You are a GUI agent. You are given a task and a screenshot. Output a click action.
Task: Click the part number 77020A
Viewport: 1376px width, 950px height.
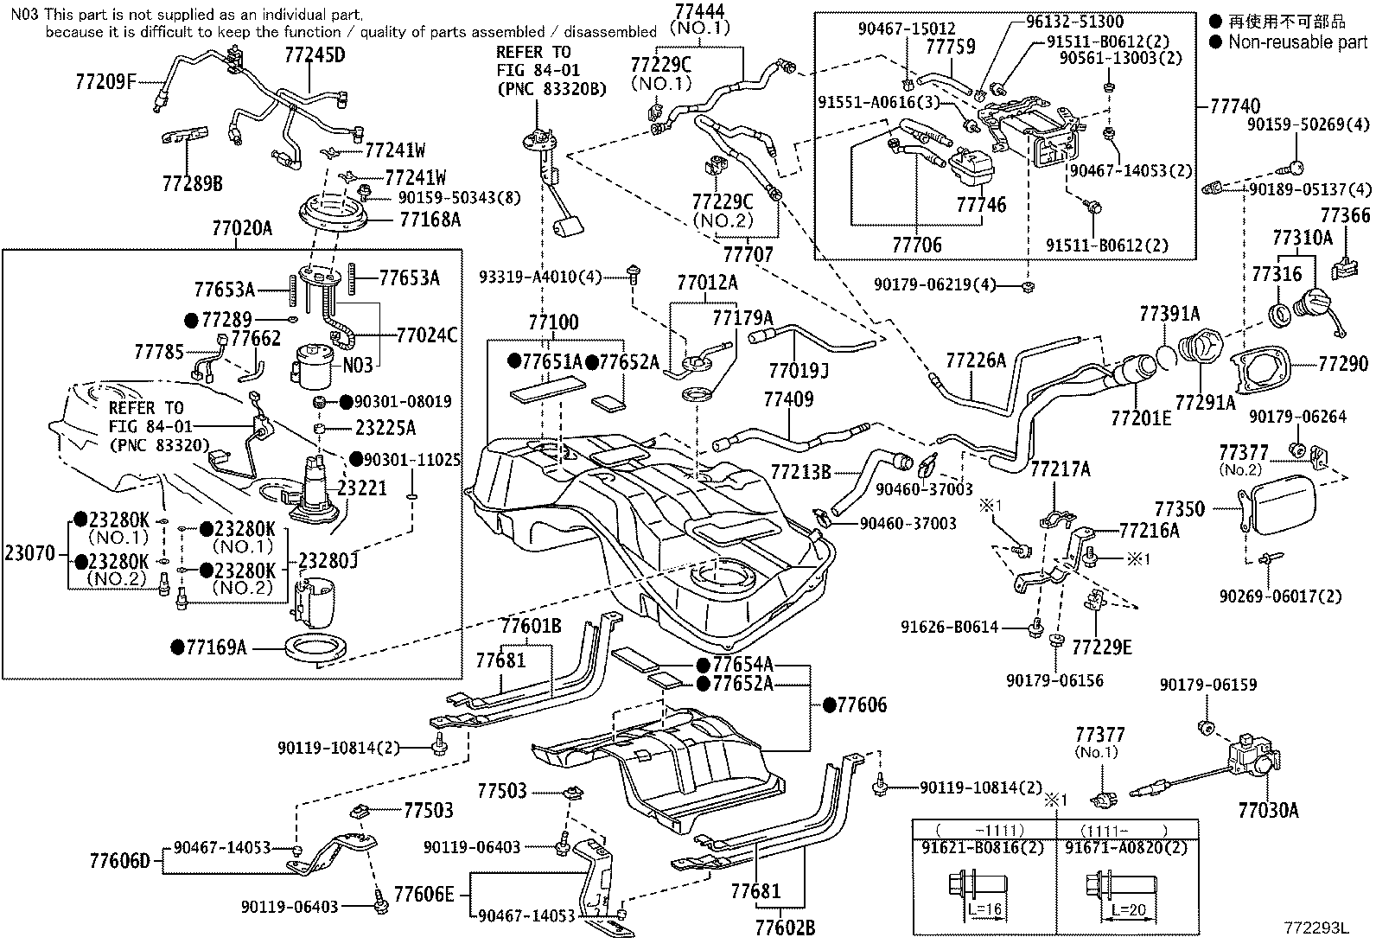point(242,228)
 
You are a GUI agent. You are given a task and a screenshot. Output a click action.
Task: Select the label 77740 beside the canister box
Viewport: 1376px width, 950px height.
point(1235,106)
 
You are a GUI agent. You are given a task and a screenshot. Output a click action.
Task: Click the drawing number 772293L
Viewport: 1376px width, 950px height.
point(1315,928)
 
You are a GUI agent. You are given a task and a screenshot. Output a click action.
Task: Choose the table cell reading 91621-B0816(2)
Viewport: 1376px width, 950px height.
point(983,847)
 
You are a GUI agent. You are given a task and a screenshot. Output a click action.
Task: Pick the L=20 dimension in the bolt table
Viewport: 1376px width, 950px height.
point(1129,909)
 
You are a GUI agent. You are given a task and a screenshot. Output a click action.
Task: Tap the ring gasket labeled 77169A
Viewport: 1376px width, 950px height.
point(315,647)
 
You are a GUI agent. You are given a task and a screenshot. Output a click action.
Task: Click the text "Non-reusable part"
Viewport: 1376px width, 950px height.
point(1297,41)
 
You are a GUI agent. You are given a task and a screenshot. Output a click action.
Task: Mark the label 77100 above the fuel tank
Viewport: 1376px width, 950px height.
point(553,322)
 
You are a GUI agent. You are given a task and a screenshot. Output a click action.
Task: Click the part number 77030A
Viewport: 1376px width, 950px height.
point(1269,811)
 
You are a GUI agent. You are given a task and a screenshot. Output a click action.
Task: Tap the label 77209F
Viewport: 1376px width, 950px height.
point(105,81)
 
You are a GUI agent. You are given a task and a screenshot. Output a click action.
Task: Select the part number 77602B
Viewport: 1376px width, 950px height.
point(785,928)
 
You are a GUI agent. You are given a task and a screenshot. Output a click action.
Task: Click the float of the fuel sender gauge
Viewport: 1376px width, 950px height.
point(570,230)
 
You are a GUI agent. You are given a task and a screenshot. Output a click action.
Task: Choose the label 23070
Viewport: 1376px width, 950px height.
point(30,553)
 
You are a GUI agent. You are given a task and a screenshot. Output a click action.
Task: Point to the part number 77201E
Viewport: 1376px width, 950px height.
point(1141,418)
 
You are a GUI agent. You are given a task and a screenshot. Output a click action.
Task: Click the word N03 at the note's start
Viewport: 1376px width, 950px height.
point(25,14)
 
